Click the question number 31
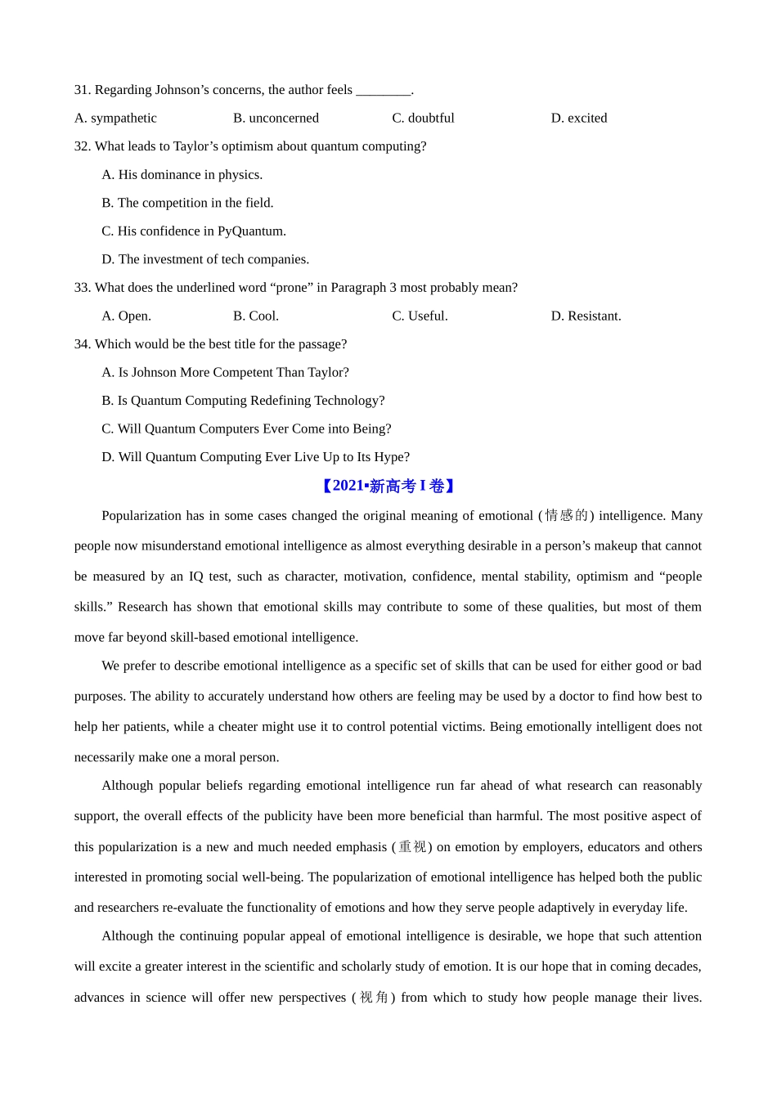click(82, 90)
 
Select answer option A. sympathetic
click(115, 119)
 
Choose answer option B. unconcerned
click(276, 119)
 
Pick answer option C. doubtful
click(423, 119)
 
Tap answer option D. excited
click(579, 119)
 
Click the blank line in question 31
click(384, 92)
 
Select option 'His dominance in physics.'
click(182, 175)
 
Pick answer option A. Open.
click(126, 316)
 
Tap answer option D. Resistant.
click(586, 316)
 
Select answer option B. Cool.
click(256, 316)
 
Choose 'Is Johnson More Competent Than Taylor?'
click(225, 373)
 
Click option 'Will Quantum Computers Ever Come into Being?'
click(246, 429)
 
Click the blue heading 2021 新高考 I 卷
click(388, 486)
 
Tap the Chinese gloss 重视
click(412, 846)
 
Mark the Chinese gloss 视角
click(374, 997)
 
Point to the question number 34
click(82, 344)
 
